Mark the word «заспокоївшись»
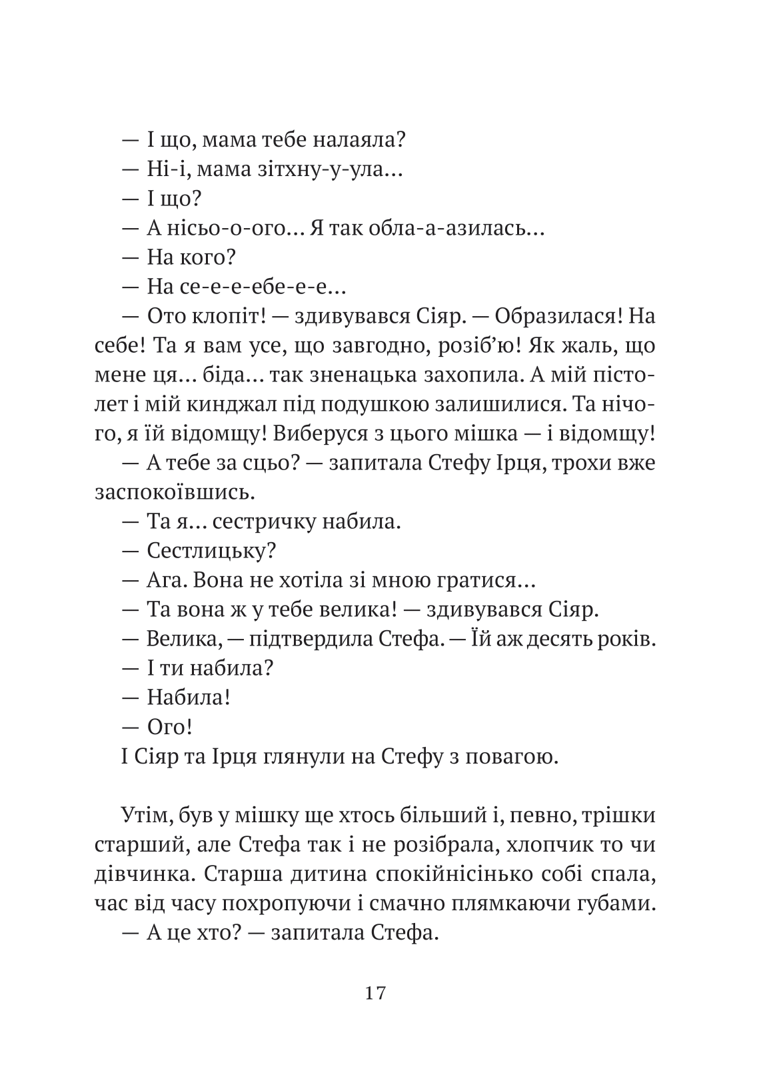pos(174,493)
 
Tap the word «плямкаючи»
pos(520,904)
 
